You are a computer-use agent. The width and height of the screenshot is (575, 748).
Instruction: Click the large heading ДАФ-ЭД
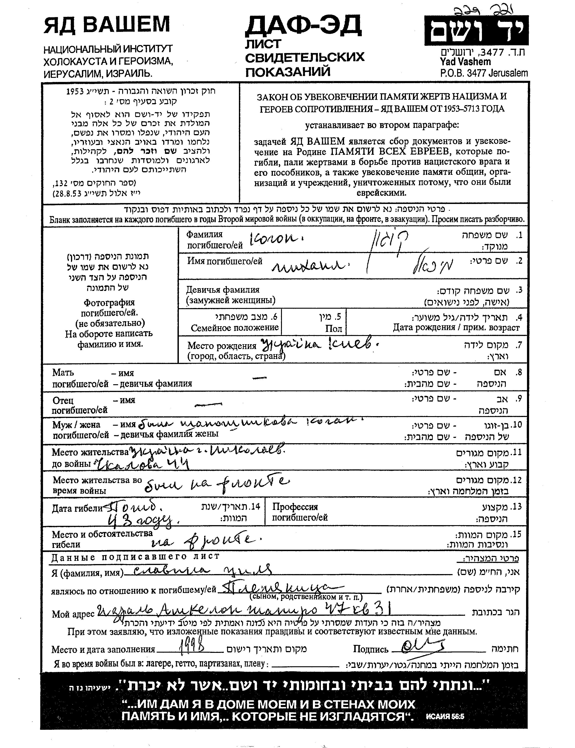(x=303, y=26)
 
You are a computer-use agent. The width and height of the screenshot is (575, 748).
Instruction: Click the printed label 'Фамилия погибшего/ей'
(x=214, y=240)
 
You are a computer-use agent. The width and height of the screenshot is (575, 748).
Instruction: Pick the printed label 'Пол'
(x=334, y=329)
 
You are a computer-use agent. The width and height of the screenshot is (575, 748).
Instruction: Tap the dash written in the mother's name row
(x=259, y=378)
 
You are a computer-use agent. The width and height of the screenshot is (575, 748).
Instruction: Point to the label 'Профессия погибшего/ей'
(x=300, y=512)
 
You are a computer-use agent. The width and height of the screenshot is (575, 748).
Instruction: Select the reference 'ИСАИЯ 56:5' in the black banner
(x=445, y=716)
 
